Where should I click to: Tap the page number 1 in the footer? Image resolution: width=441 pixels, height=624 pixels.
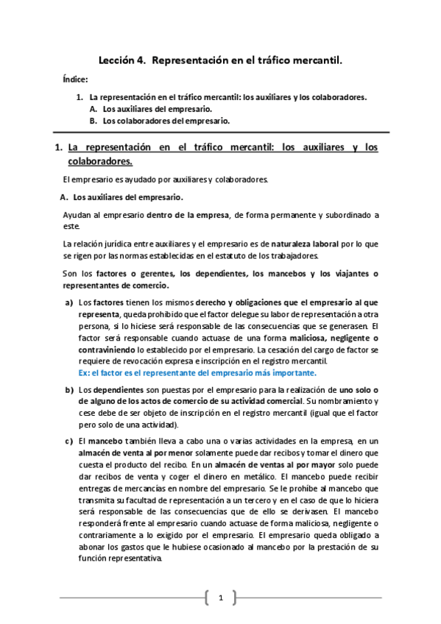(220, 598)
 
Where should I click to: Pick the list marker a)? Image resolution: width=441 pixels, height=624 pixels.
(69, 302)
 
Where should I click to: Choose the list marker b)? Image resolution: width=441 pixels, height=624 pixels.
(69, 389)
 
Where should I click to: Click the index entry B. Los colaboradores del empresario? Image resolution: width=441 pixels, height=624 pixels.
(160, 120)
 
